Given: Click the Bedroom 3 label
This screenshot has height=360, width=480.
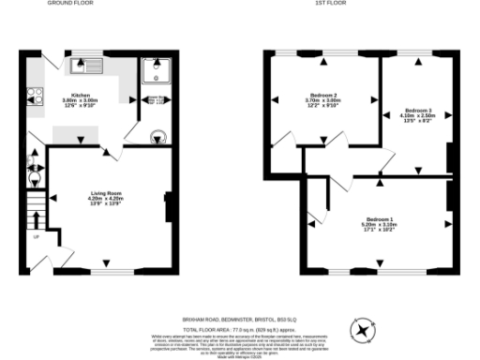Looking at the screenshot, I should [417, 111].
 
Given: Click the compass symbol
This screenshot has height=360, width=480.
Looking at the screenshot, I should [361, 329].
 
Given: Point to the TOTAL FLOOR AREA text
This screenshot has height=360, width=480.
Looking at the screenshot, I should [239, 329].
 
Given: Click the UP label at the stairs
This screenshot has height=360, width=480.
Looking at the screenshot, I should [36, 236].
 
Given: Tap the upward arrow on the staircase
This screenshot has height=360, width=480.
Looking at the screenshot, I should [36, 218].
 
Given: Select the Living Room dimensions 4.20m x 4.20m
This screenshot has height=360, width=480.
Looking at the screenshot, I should [105, 198].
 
